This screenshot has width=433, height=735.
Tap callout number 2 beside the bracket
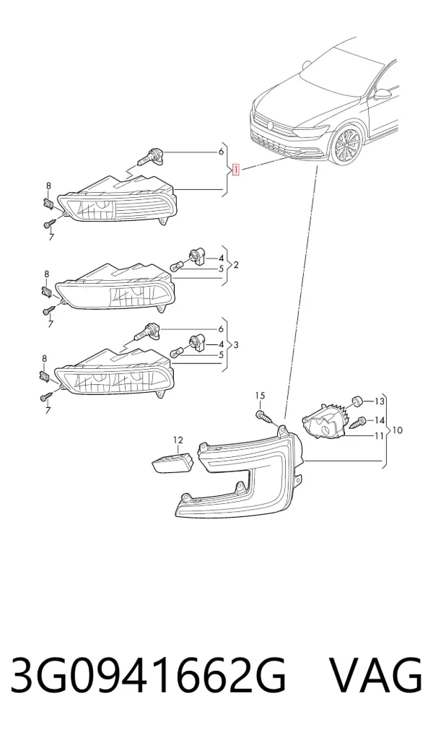tap(236, 265)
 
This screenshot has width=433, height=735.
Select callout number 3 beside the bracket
tap(236, 345)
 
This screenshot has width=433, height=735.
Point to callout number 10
tap(397, 430)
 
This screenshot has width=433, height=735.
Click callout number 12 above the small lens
tap(178, 440)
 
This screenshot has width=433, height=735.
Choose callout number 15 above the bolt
tap(260, 396)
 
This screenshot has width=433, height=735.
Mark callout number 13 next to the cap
tap(379, 401)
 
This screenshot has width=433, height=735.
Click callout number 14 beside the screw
tap(379, 420)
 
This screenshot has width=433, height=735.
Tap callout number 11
tap(379, 435)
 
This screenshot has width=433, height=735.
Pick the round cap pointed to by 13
tap(358, 400)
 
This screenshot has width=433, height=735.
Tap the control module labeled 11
tap(323, 422)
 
